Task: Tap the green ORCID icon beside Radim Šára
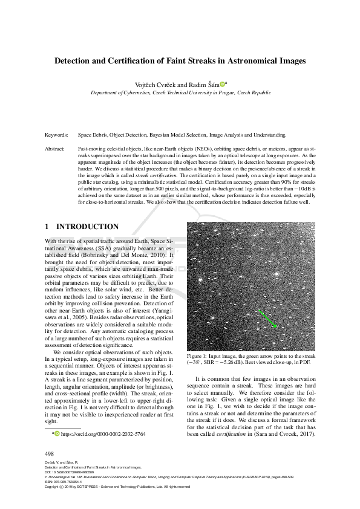pos(222,85)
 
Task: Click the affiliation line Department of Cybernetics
pos(124,94)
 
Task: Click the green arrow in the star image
pos(266,319)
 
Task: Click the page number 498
pos(50,453)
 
